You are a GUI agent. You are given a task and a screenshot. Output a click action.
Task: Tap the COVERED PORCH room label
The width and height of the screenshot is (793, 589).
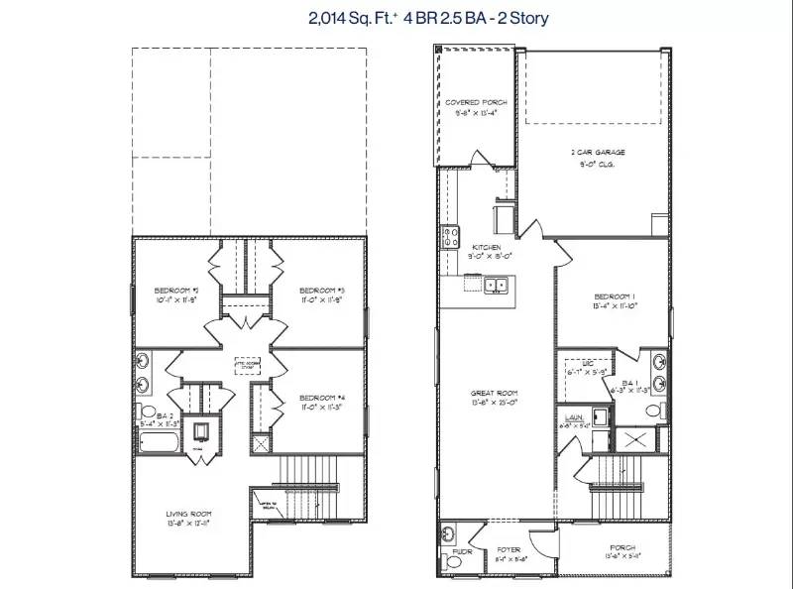(476, 103)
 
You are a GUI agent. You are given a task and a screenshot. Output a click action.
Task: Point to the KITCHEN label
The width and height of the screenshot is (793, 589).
(487, 248)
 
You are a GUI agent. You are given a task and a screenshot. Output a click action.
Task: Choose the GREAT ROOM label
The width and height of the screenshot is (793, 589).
(494, 394)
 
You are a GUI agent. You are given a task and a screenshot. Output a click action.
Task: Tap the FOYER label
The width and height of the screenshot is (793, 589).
(510, 547)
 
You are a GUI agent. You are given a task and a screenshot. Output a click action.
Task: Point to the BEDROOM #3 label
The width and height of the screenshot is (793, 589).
(321, 290)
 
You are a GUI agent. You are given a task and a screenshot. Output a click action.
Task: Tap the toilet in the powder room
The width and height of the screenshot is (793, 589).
(453, 562)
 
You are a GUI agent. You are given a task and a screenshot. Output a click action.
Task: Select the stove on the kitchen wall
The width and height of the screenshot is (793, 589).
(449, 237)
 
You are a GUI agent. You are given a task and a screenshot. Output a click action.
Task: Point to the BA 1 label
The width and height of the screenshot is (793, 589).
(630, 384)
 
